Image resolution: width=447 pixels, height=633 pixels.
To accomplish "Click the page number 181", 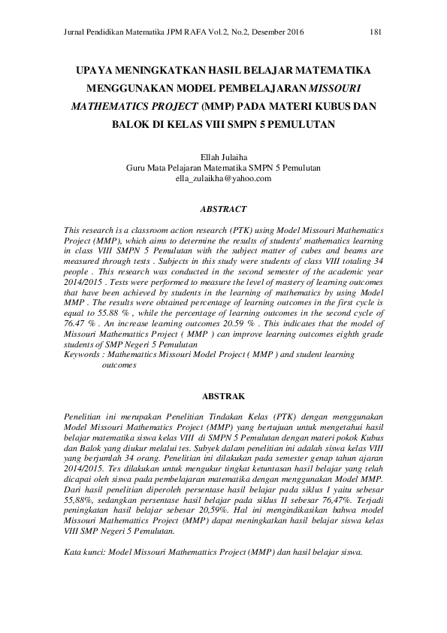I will point(377,32).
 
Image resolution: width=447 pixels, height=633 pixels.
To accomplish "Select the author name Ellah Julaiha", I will point(223,156).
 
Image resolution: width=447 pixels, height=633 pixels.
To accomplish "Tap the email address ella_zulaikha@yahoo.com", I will point(223,178).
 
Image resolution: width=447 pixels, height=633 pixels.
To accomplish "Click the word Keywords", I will point(82,353).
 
